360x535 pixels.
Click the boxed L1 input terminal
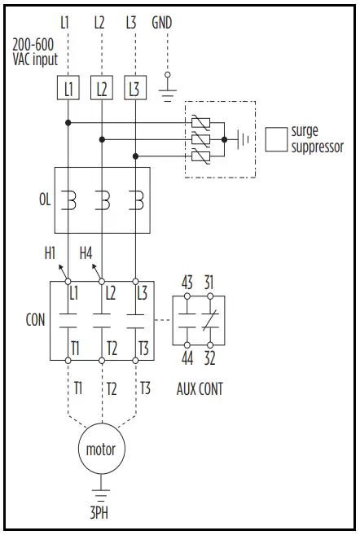tap(68, 88)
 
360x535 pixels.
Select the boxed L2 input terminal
tap(102, 88)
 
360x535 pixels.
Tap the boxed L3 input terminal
tap(135, 88)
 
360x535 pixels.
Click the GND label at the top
tap(162, 23)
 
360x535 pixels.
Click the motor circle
tap(102, 449)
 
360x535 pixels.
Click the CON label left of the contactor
tap(35, 320)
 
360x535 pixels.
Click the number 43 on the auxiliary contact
tap(187, 283)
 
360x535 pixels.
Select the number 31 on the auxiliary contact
tap(211, 283)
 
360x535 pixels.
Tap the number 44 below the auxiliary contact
tap(187, 358)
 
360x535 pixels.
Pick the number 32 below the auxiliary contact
tap(211, 358)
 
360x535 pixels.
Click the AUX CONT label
tap(200, 388)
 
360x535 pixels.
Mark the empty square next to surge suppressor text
tap(277, 139)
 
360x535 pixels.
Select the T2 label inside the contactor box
tap(112, 349)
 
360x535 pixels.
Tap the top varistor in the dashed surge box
tap(200, 123)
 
